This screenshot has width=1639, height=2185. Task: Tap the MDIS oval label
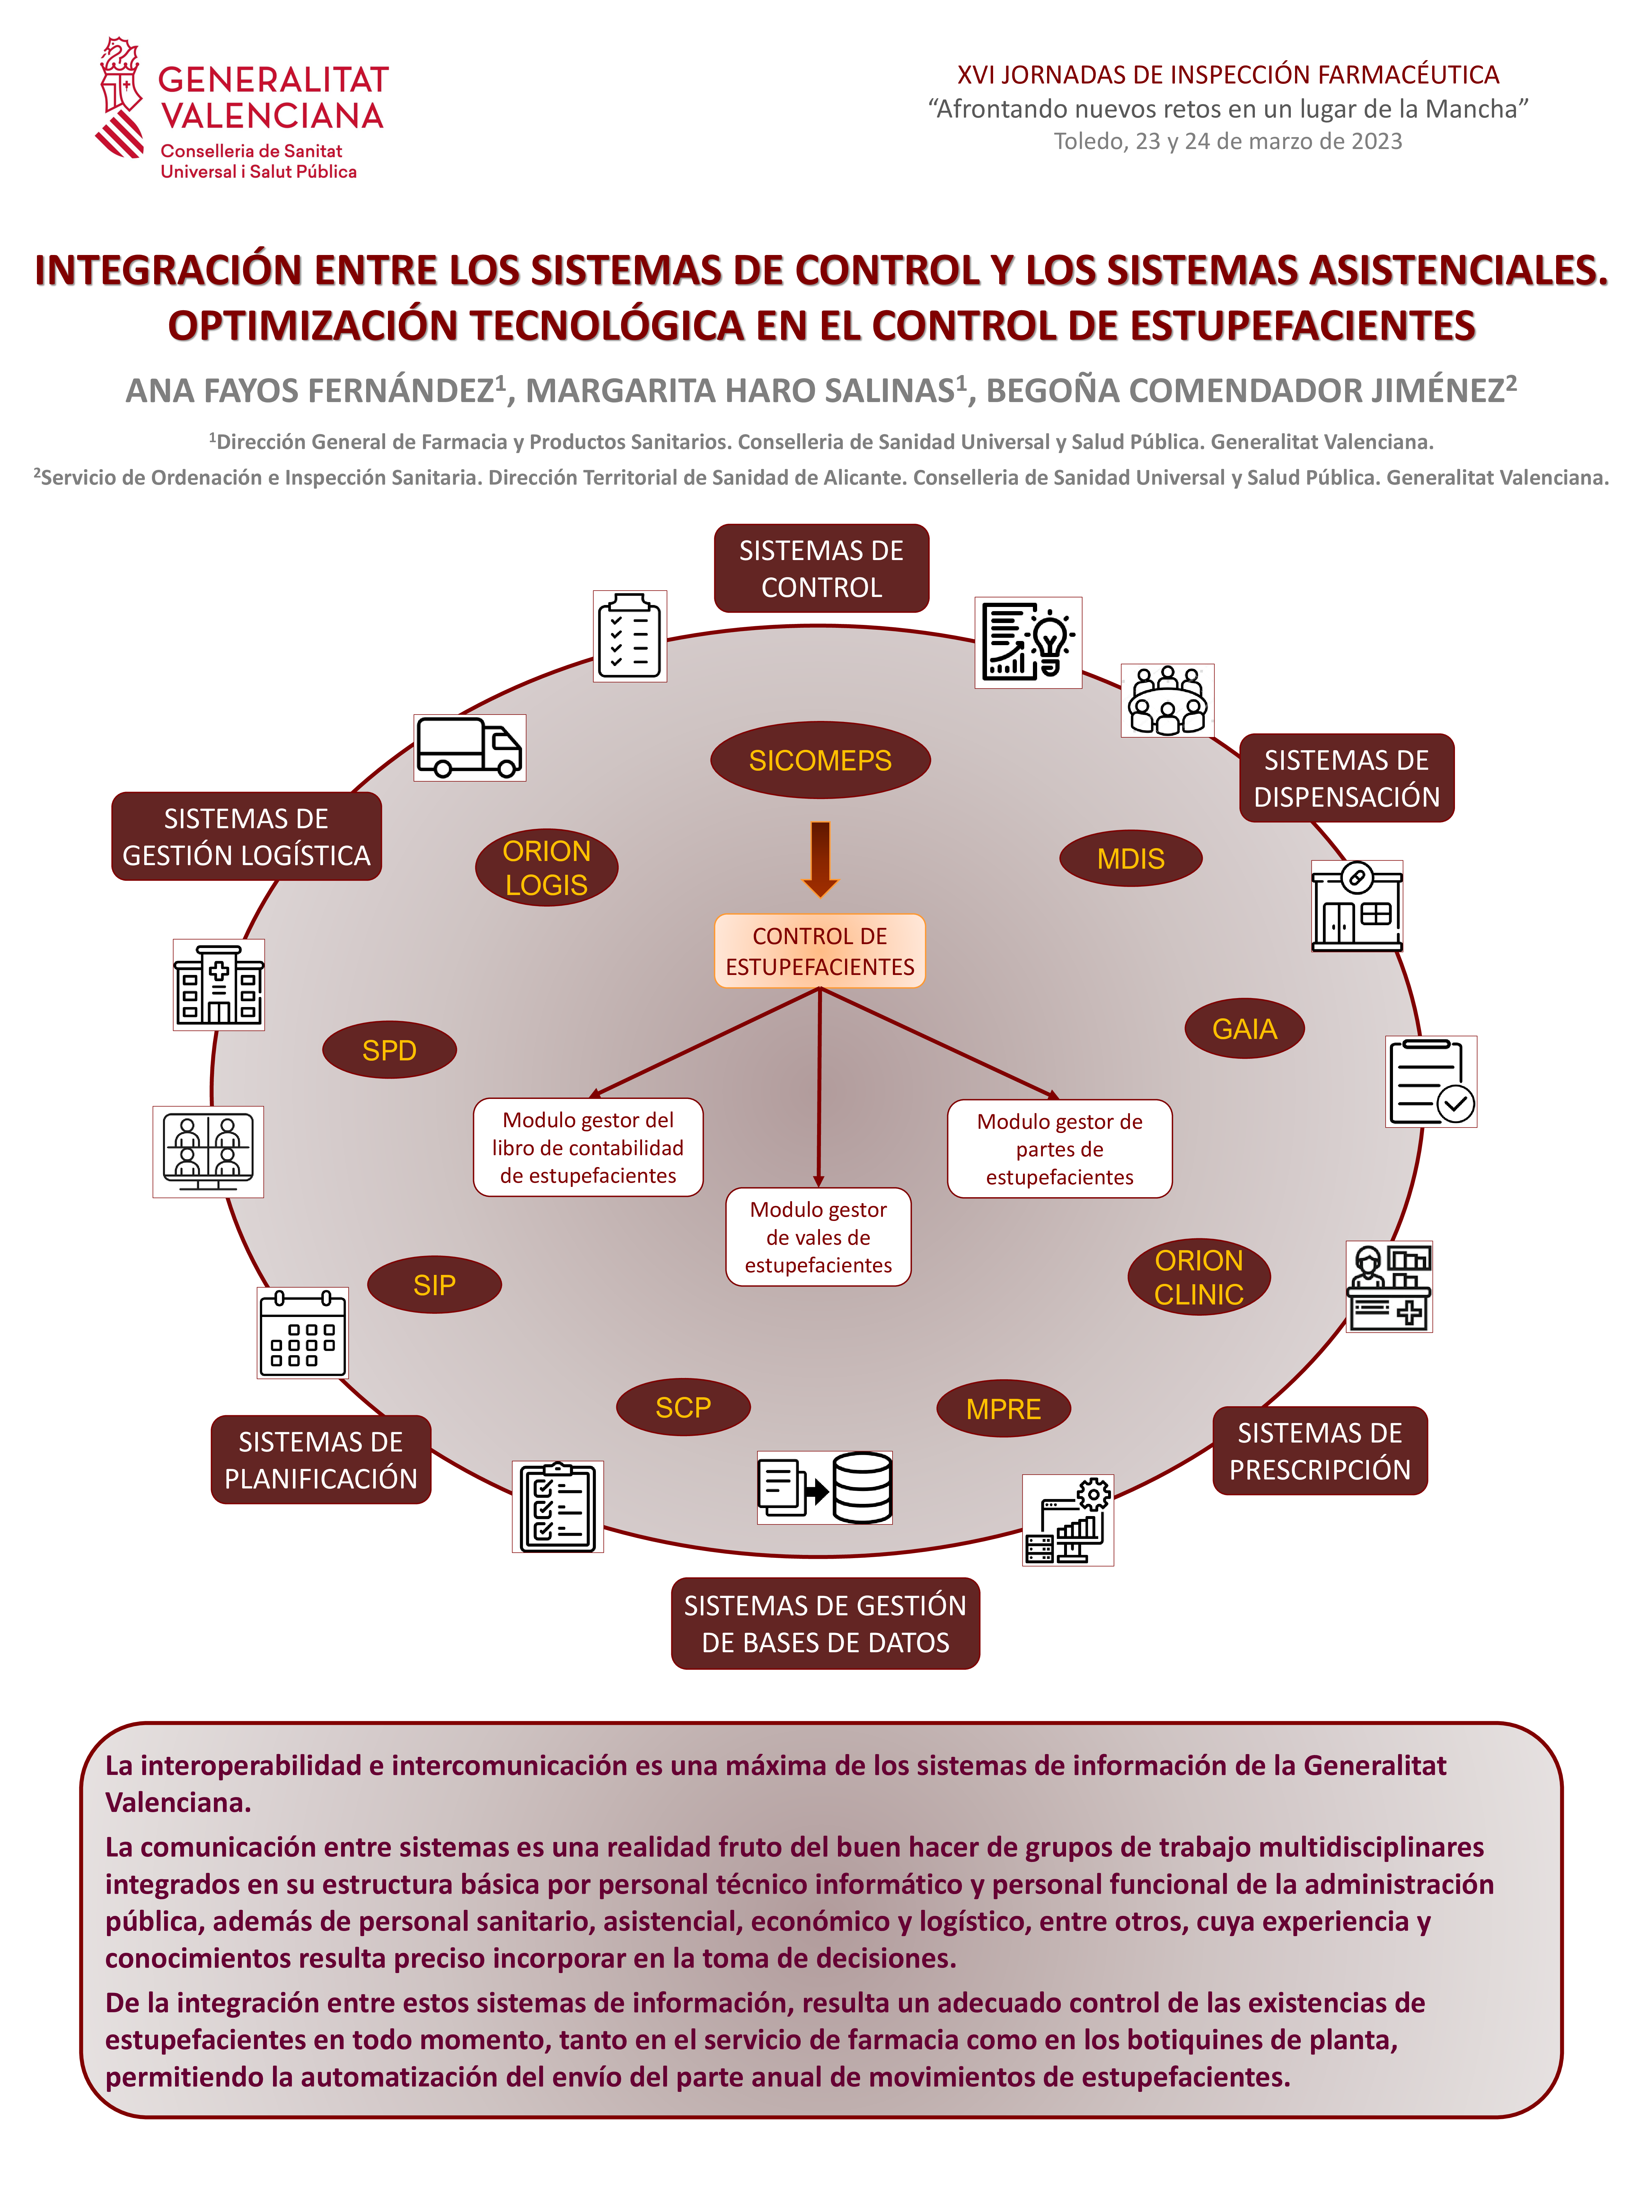[x=1130, y=858]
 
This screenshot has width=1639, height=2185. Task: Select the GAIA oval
[x=1244, y=1028]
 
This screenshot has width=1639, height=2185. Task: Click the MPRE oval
[x=1003, y=1408]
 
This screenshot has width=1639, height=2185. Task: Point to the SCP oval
[x=683, y=1407]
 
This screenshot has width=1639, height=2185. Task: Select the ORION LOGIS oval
[x=546, y=867]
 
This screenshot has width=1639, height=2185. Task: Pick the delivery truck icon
[x=469, y=748]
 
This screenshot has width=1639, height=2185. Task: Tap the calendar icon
[x=302, y=1332]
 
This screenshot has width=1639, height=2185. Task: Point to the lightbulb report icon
[x=1027, y=642]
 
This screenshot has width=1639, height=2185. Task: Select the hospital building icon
[x=218, y=985]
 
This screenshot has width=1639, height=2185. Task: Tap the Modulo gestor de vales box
[x=818, y=1237]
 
